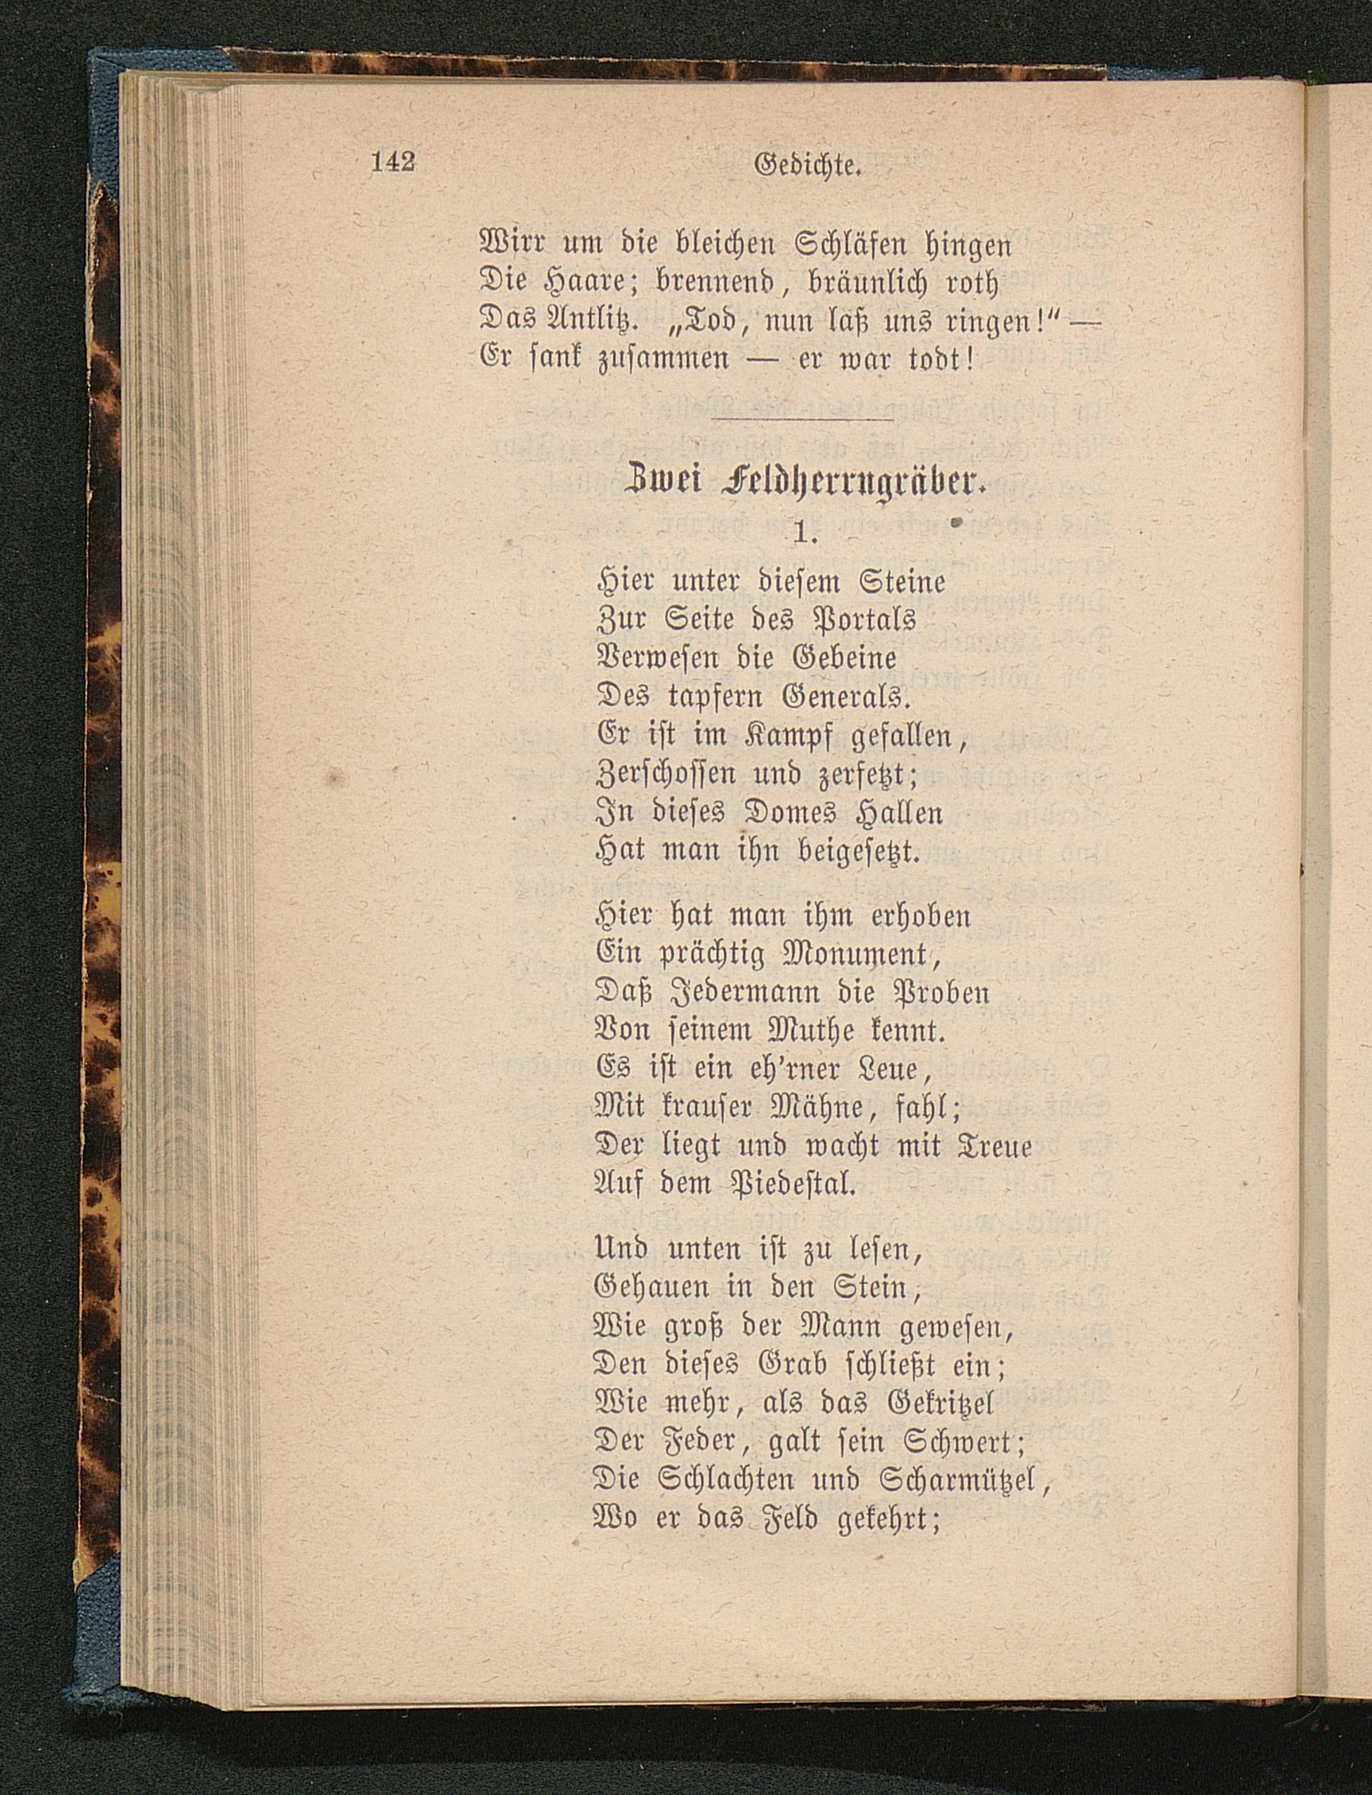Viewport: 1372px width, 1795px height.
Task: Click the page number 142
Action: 393,163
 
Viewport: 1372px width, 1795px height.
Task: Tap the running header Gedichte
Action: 807,166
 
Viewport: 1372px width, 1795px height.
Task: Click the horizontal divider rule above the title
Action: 802,418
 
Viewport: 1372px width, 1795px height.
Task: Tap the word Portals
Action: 863,622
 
